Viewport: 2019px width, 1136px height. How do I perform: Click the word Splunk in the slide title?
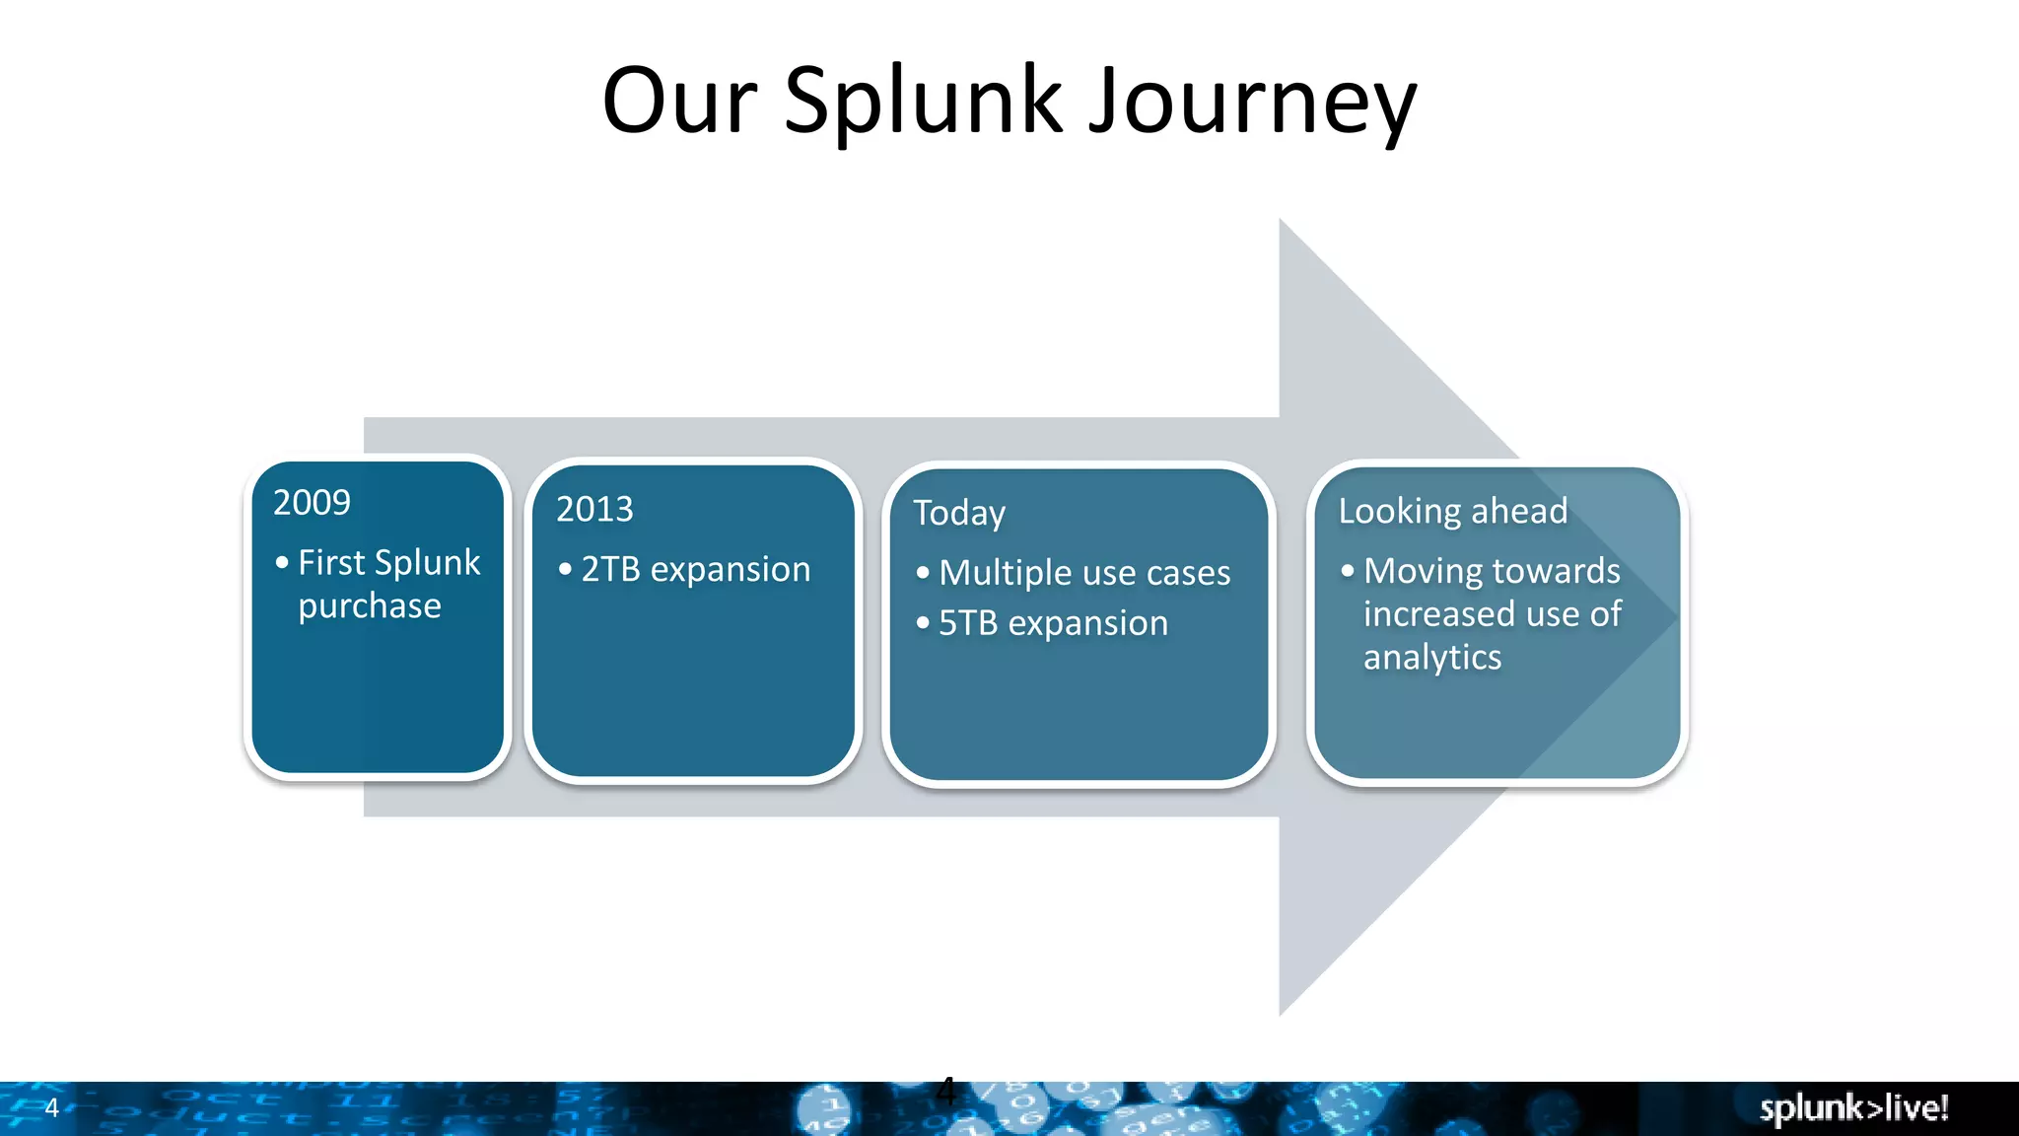(924, 102)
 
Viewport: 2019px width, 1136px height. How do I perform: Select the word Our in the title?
(679, 102)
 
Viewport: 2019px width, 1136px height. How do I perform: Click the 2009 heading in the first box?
(312, 503)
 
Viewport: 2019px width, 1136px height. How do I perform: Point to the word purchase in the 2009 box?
(370, 605)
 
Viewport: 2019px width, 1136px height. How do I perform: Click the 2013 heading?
(594, 509)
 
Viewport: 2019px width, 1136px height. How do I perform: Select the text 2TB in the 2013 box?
(610, 570)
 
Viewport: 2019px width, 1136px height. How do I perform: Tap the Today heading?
(958, 513)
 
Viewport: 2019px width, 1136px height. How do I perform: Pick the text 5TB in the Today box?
(967, 623)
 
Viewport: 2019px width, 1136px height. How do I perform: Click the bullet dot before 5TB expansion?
(923, 623)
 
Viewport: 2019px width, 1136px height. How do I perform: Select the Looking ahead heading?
(1452, 511)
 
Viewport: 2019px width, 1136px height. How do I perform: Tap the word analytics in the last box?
(1431, 658)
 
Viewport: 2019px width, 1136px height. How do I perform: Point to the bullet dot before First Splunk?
(282, 563)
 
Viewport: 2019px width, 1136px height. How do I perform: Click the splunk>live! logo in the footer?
(1853, 1107)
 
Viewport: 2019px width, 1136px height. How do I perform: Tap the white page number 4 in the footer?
(52, 1107)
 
